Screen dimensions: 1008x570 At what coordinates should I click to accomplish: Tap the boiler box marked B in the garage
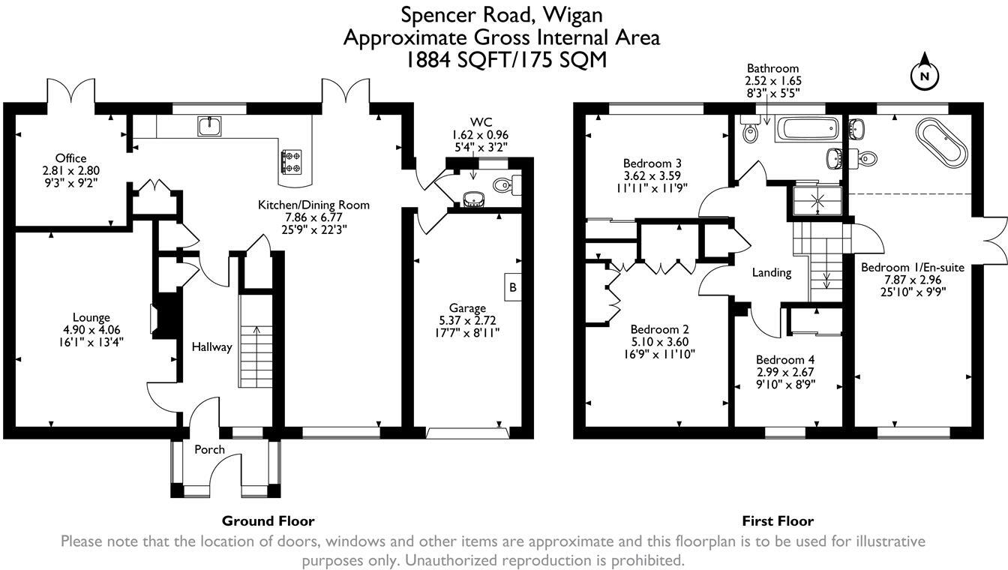[512, 286]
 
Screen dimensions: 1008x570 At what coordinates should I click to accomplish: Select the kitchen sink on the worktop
[209, 126]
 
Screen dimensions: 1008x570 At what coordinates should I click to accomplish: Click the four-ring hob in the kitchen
[292, 162]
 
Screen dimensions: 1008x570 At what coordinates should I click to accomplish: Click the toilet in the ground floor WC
[507, 185]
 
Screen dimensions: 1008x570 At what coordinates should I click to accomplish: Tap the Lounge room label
[91, 317]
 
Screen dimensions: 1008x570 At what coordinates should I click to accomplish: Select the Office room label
[70, 158]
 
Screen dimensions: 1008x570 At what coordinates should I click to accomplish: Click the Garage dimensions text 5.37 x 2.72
[467, 320]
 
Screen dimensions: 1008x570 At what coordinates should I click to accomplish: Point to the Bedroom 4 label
[785, 360]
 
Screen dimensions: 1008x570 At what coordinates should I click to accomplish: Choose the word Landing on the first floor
[772, 273]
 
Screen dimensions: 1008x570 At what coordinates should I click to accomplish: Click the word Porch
[210, 449]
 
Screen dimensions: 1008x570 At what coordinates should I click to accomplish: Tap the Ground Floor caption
[268, 521]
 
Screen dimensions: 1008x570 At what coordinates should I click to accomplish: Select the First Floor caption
[778, 521]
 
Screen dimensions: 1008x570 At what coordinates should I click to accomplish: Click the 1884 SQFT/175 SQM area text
[506, 60]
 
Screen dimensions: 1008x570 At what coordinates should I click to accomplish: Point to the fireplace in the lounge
[165, 316]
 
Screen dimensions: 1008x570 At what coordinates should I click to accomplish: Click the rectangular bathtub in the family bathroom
[807, 130]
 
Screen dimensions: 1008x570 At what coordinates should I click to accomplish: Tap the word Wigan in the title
[572, 16]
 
